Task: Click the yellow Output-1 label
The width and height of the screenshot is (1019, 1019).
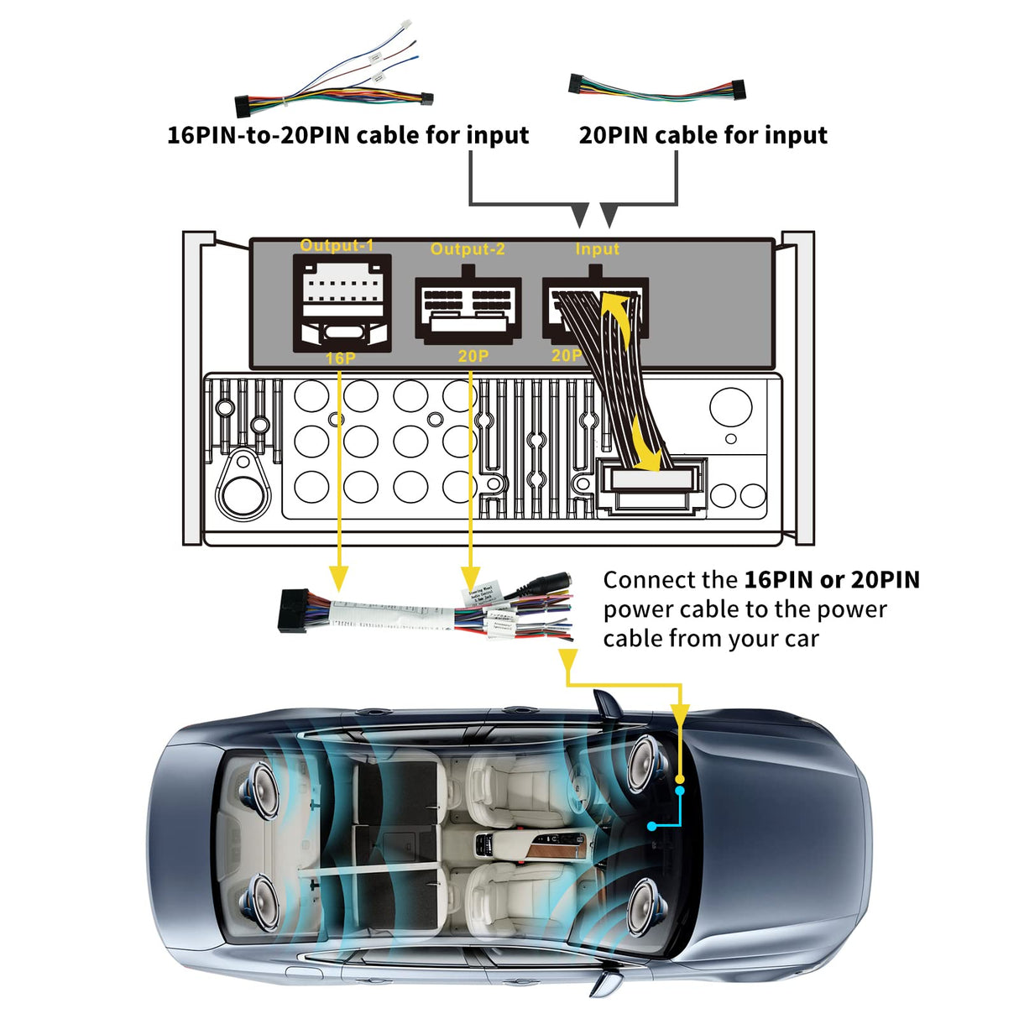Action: coord(337,245)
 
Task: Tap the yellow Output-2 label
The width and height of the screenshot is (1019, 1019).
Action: coord(468,249)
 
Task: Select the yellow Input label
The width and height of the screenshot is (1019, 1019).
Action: coord(597,249)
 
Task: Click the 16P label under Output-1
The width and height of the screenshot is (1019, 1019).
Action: coord(340,358)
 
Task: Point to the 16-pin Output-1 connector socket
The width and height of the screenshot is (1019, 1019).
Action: coord(342,302)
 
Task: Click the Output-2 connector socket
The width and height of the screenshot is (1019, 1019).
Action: coord(468,305)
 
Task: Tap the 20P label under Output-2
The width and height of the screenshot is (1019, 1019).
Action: coord(473,357)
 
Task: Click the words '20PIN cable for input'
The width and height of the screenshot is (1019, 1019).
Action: coord(703,135)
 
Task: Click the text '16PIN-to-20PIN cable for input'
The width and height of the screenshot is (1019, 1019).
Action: coord(348,135)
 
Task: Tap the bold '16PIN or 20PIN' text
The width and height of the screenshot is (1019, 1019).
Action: coord(831,580)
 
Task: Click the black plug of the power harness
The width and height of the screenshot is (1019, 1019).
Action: coord(292,610)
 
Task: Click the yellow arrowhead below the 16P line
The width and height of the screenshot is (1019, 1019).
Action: coord(338,578)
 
